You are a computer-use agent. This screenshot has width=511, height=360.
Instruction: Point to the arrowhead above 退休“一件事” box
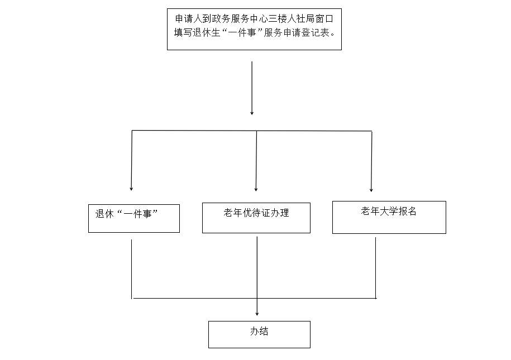point(131,189)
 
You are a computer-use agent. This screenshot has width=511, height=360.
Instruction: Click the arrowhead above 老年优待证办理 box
point(256,189)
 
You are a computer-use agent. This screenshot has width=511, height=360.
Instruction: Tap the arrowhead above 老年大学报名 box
point(371,190)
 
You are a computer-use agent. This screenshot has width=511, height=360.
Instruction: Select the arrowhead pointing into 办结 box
point(257,314)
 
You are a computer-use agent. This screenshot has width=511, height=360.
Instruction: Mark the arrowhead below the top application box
point(252,113)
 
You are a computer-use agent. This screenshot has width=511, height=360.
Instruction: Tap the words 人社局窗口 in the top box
point(310,19)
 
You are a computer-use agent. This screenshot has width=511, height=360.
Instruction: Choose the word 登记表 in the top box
point(316,33)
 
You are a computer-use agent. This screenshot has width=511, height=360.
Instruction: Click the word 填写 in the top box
point(183,33)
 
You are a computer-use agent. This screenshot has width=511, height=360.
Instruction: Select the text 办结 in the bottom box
point(259,332)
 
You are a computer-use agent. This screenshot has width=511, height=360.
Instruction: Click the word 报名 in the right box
point(407,212)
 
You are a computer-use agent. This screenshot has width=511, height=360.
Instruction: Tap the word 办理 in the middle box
point(280,213)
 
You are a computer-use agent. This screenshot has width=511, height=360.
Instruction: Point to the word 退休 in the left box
point(104,214)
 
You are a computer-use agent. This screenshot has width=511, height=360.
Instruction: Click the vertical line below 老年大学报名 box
point(376,268)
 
